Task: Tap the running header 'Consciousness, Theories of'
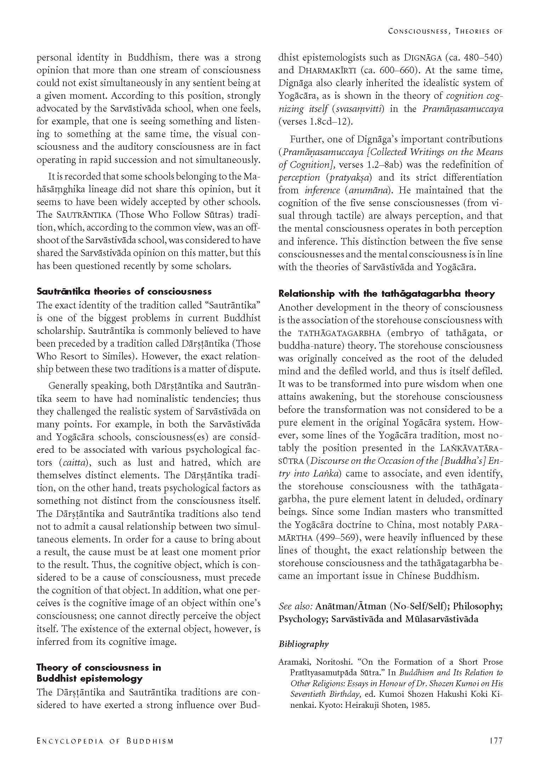click(x=445, y=31)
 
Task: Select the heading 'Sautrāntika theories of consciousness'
click(x=124, y=291)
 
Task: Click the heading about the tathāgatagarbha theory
click(x=386, y=294)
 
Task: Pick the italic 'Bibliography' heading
click(x=303, y=644)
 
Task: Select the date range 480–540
click(x=480, y=57)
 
